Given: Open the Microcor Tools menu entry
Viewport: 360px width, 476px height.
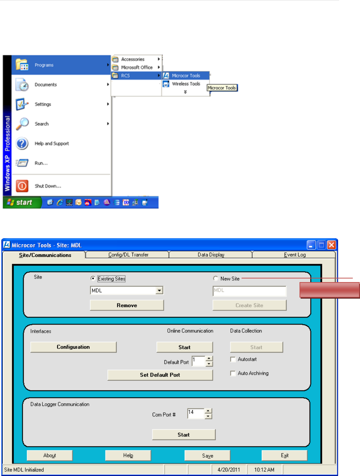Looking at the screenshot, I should pos(186,76).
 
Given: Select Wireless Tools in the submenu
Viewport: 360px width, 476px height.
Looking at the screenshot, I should pos(186,84).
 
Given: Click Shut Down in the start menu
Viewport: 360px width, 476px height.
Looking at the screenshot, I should pos(48,186).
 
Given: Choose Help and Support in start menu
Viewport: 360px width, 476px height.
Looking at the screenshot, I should pos(51,144).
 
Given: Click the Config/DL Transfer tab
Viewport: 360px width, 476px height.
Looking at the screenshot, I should pos(128,255).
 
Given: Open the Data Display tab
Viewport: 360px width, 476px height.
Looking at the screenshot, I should pos(211,255).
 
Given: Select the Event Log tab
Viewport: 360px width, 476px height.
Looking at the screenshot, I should pos(294,255).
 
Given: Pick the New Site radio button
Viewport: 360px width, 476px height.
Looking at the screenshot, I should pos(216,278).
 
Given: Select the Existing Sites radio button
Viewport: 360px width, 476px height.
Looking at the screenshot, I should pos(93,278).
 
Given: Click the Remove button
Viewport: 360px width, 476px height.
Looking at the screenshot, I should pos(127,305).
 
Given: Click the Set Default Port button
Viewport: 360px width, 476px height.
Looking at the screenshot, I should pos(160,375).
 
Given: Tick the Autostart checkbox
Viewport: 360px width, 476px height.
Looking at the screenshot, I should pos(233,359).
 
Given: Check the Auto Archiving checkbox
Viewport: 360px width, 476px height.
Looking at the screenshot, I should pos(233,373).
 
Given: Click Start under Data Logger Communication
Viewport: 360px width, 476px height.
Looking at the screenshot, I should pos(184,435).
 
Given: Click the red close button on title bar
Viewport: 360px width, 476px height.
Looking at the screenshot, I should pos(332,245).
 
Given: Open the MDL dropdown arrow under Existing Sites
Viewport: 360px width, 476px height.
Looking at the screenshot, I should pos(159,290).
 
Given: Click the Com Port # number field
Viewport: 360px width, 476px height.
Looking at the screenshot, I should pos(195,414).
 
